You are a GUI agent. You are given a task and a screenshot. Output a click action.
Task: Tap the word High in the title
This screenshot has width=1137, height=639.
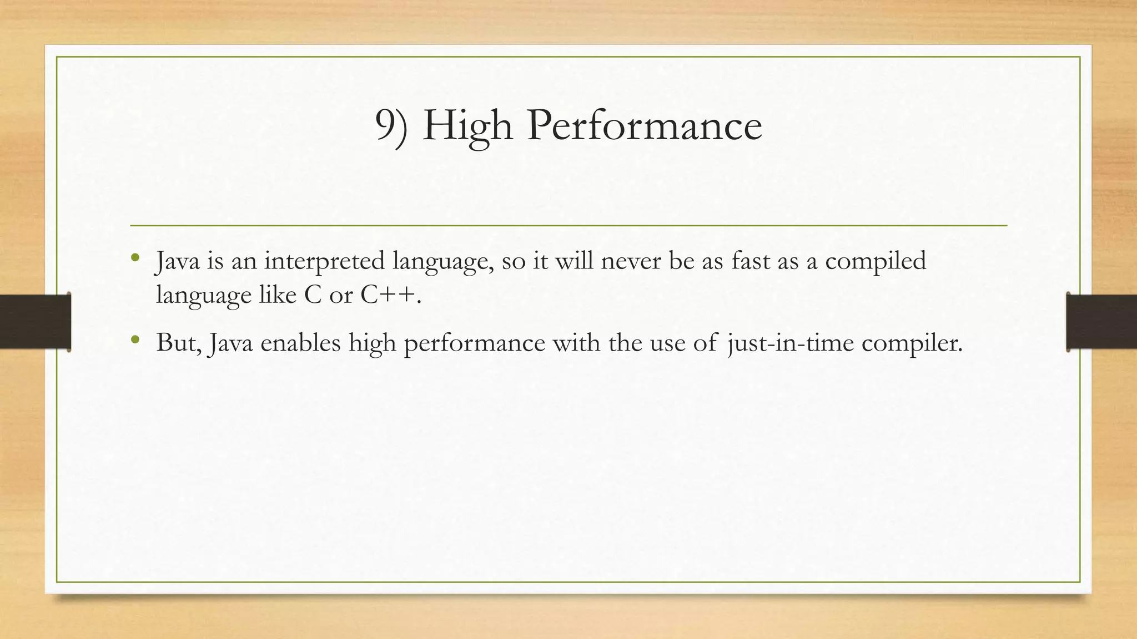coord(467,126)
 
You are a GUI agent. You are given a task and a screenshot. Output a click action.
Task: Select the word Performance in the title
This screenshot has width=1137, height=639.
coord(645,126)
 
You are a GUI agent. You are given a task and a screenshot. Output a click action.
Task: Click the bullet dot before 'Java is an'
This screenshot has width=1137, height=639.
coord(135,257)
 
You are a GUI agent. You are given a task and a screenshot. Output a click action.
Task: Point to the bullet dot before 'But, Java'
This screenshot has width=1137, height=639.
coord(135,339)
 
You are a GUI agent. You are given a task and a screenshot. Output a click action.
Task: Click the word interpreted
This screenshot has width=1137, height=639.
coord(324,261)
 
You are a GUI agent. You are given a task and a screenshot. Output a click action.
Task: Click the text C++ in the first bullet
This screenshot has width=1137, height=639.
coord(388,295)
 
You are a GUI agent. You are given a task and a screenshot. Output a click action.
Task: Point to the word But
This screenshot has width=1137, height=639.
coord(178,343)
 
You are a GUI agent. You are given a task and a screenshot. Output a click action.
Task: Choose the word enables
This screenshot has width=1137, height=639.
coord(300,343)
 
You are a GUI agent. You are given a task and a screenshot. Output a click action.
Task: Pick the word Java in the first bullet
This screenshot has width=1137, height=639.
coord(178,261)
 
